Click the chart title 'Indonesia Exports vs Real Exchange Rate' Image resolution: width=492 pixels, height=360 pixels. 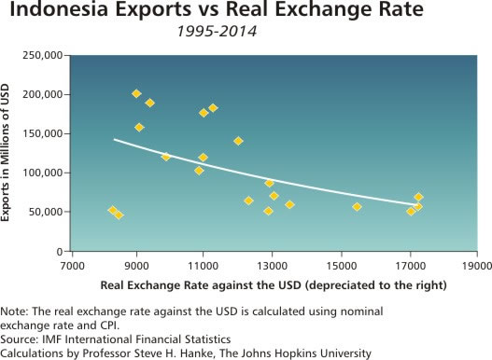[x=246, y=13]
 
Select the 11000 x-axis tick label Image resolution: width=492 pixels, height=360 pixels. [x=203, y=264]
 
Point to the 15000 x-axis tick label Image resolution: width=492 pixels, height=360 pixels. [x=342, y=264]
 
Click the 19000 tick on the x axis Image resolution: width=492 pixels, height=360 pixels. [x=477, y=264]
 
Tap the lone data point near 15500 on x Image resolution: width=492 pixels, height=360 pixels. [x=357, y=206]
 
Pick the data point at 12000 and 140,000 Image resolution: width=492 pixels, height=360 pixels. [x=238, y=141]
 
